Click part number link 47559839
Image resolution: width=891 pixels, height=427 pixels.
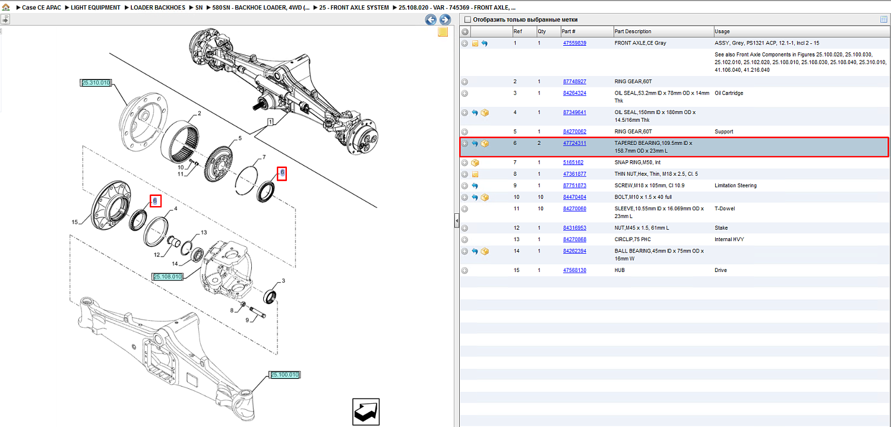(574, 43)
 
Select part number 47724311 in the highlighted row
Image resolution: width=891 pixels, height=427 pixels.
(574, 143)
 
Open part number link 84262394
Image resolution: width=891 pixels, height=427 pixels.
(574, 251)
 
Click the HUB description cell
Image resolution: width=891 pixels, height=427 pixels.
(620, 270)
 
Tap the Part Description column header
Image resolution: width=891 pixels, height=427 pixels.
(633, 31)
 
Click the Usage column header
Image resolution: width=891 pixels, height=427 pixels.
(722, 31)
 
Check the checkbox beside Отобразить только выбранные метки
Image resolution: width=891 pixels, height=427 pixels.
(468, 20)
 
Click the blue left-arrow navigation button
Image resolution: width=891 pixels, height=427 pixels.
(431, 20)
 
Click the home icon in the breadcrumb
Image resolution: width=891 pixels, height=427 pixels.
(5, 7)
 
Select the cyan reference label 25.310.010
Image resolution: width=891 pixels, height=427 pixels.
(96, 83)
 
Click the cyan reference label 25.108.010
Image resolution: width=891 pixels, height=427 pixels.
(168, 277)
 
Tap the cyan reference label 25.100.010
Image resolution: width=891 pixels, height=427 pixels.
(285, 375)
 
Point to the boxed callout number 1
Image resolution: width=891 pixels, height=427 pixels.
(270, 122)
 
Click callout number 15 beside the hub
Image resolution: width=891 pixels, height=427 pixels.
(74, 222)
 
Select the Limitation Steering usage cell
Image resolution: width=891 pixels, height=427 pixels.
(735, 186)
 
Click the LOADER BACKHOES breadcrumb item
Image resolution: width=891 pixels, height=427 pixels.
(157, 8)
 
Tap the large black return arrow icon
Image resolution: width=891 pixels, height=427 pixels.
(366, 412)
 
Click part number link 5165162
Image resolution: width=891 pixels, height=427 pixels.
(573, 163)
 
